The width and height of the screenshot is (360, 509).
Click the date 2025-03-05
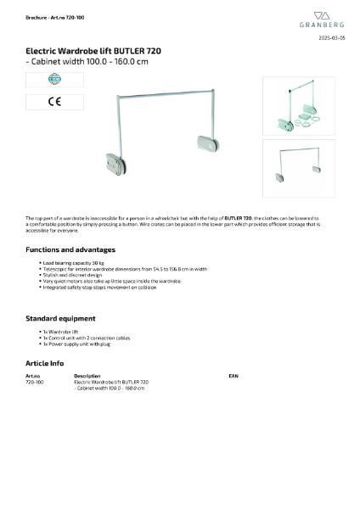332,39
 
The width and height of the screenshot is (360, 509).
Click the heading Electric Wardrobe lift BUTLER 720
93,51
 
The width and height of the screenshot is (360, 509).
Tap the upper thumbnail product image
299,105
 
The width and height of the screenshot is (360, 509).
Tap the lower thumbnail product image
299,167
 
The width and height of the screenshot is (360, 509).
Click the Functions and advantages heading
70,249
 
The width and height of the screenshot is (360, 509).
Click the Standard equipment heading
60,318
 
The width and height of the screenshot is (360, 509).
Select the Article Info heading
45,362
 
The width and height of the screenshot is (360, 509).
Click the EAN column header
233,374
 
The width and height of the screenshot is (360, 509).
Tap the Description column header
87,374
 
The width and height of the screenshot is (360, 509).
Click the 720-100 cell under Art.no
35,382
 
